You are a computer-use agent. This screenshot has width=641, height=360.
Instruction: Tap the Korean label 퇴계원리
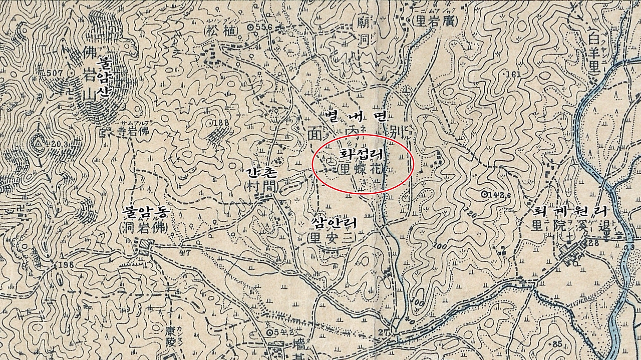pyautogui.click(x=569, y=211)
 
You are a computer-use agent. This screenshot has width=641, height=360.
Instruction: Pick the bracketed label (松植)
pyautogui.click(x=221, y=30)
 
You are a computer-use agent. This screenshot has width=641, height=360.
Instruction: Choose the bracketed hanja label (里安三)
pyautogui.click(x=333, y=237)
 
